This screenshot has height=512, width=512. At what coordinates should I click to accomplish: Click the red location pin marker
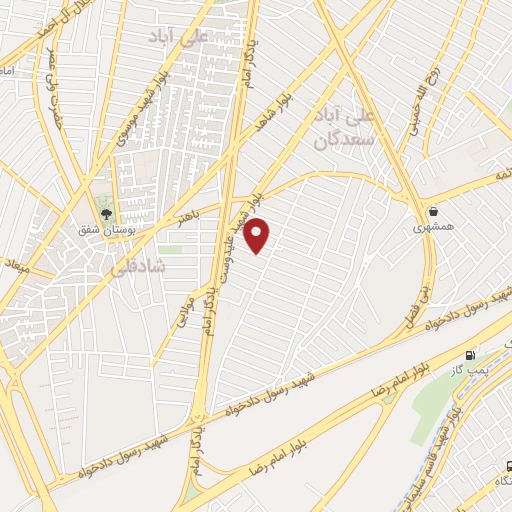coord(258,235)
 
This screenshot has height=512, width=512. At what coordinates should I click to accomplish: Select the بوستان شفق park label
coord(105,229)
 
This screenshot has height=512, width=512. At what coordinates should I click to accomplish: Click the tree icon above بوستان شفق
coord(106,211)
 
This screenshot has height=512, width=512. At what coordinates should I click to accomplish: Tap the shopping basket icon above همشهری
coord(433,211)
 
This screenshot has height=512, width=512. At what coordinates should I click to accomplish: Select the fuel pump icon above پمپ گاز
coord(470,355)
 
